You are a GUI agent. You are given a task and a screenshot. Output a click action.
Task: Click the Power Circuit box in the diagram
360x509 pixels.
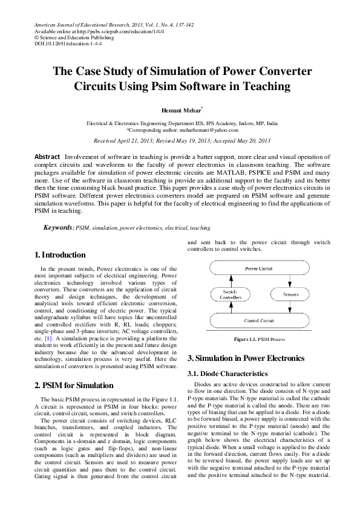click(x=261, y=267)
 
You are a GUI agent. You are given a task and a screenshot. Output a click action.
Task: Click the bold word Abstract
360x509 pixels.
click(x=47, y=157)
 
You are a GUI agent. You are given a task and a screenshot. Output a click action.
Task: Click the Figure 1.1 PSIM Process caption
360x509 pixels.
click(x=258, y=340)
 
